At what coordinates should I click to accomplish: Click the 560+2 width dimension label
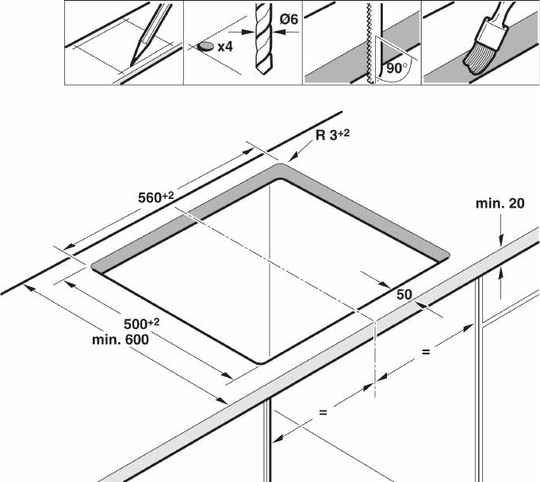tap(155, 197)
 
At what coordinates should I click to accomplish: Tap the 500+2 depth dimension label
tap(142, 323)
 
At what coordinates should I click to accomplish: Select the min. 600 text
tap(121, 340)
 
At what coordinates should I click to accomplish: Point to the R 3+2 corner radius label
tap(332, 135)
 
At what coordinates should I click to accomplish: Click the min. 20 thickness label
tap(500, 204)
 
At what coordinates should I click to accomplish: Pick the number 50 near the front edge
tap(404, 295)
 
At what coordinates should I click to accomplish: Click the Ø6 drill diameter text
tap(289, 19)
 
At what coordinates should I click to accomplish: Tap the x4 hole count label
tap(225, 47)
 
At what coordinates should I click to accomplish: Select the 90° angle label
tap(396, 68)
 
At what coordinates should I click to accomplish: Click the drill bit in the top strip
tap(264, 39)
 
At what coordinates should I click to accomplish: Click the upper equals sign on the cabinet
tap(426, 352)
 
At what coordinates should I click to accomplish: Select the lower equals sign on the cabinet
tap(323, 411)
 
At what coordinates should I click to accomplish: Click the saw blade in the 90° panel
tap(370, 43)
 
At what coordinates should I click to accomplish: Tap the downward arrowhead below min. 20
tap(501, 241)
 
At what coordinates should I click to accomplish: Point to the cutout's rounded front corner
tap(262, 362)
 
